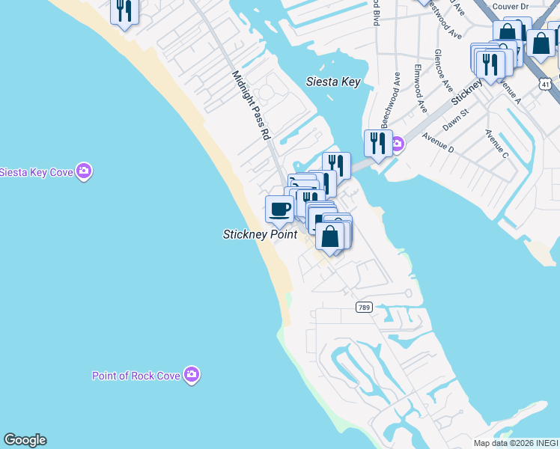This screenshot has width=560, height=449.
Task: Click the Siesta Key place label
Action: [x=333, y=82]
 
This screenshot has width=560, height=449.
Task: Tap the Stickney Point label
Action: [x=260, y=234]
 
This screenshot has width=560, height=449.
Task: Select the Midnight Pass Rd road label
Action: [x=251, y=106]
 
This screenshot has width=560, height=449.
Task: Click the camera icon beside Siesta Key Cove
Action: [x=85, y=171]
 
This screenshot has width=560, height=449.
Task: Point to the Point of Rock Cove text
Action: [x=136, y=376]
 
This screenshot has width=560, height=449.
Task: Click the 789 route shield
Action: [x=364, y=308]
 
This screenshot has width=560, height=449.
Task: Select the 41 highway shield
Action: [x=547, y=84]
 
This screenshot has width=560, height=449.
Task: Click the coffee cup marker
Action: [x=279, y=209]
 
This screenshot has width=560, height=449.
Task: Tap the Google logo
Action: [x=25, y=440]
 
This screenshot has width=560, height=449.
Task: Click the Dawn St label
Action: [x=454, y=120]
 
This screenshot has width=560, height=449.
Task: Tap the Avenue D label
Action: [x=438, y=143]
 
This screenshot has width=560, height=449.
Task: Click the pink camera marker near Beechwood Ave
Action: [x=398, y=143]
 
